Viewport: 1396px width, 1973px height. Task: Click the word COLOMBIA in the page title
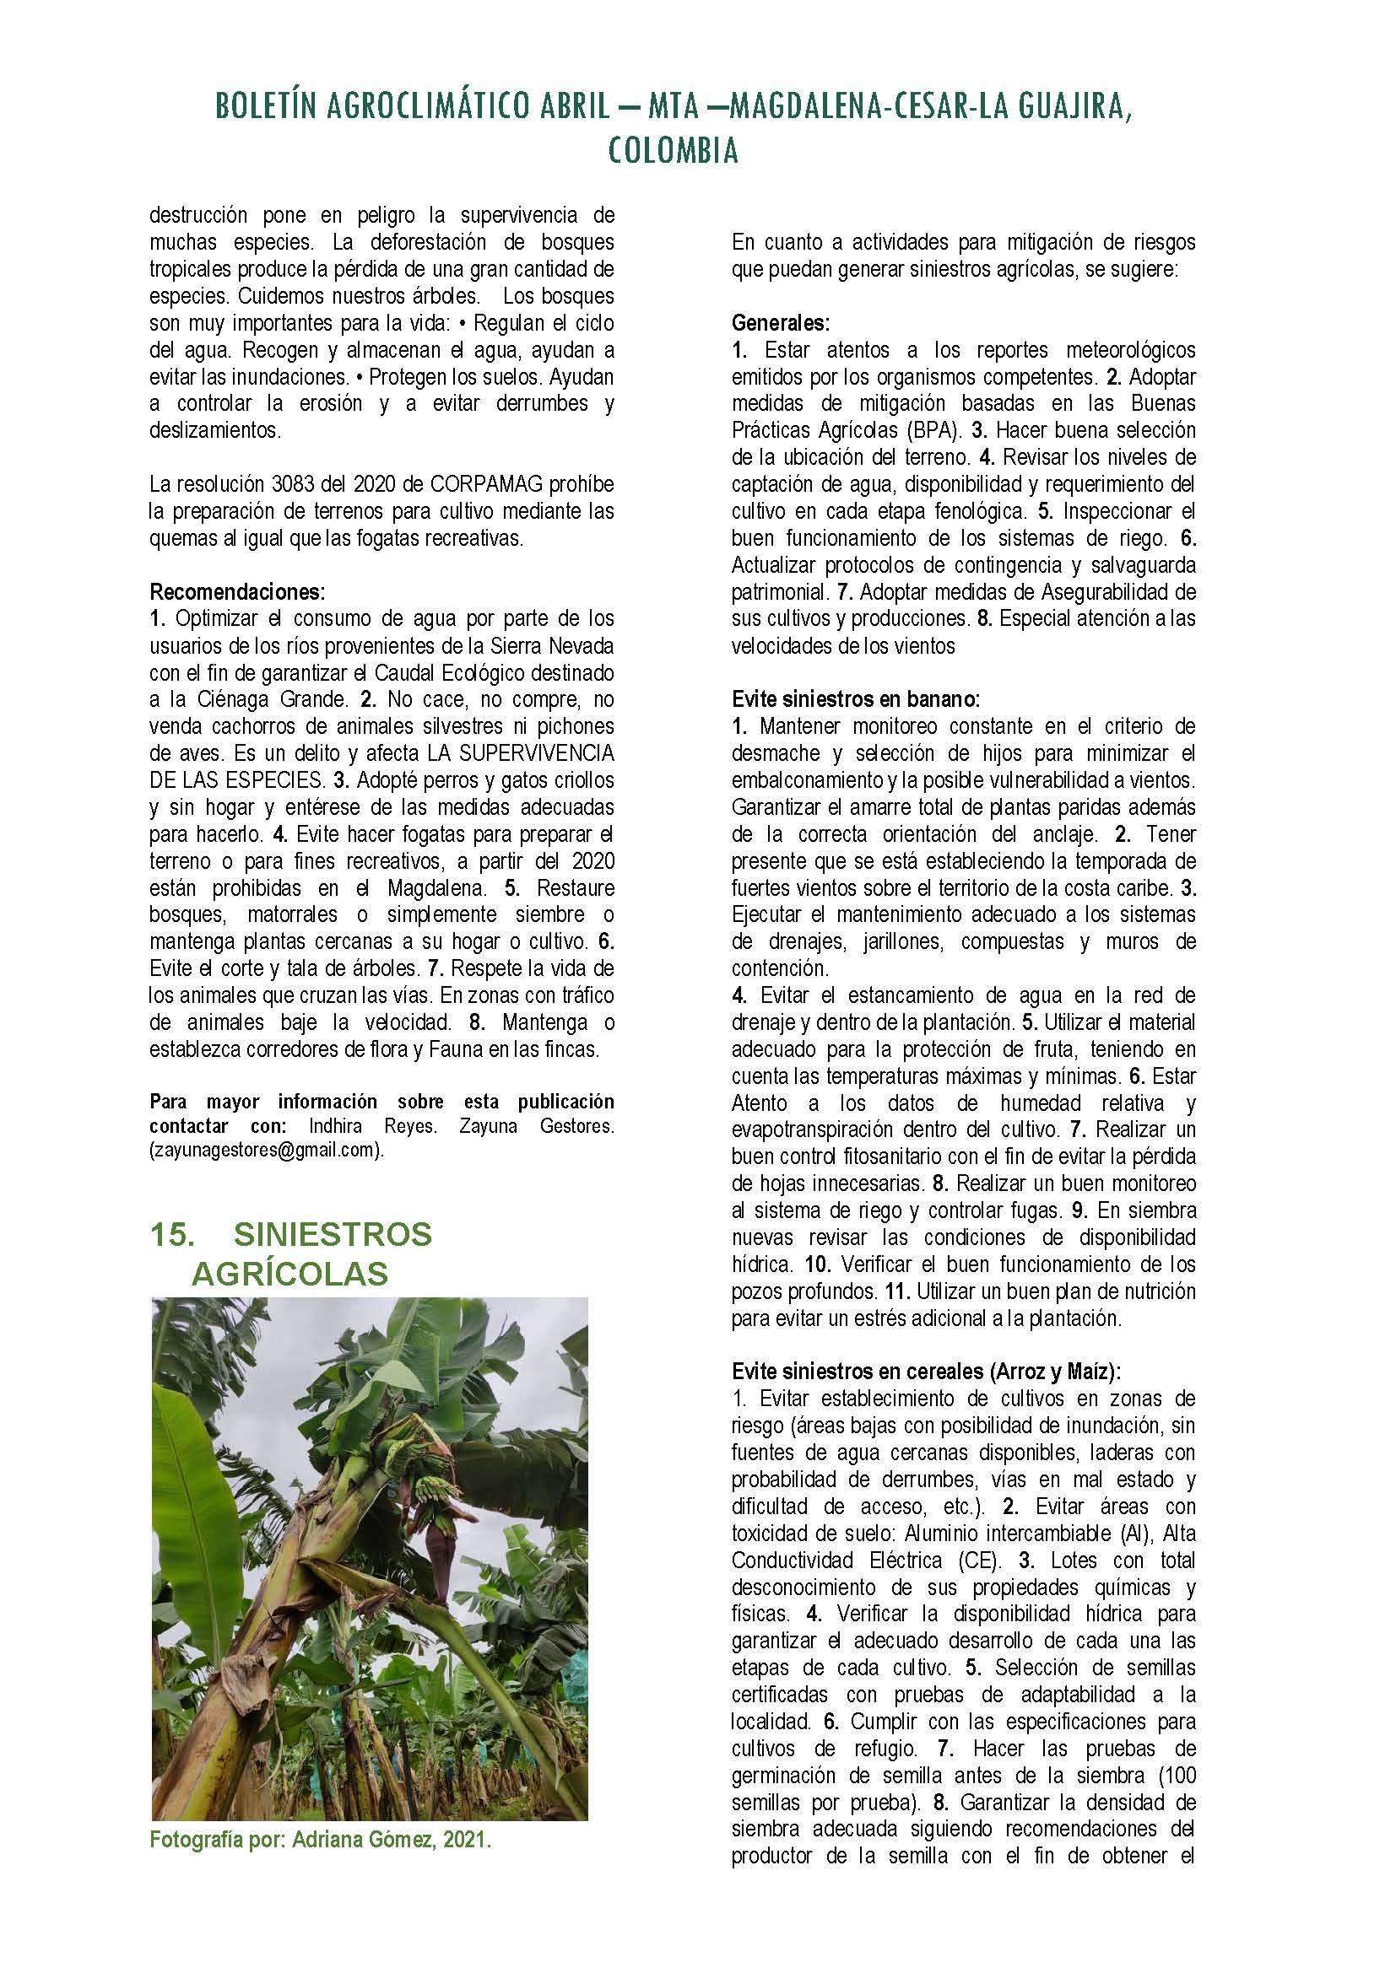point(673,151)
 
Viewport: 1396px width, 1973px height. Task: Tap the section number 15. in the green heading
point(172,1235)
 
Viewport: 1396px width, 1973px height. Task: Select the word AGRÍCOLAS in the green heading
point(289,1274)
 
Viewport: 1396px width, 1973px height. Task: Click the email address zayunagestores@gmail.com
point(264,1151)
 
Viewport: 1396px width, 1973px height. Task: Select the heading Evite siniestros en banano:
point(855,698)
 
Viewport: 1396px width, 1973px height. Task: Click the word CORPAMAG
point(456,485)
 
